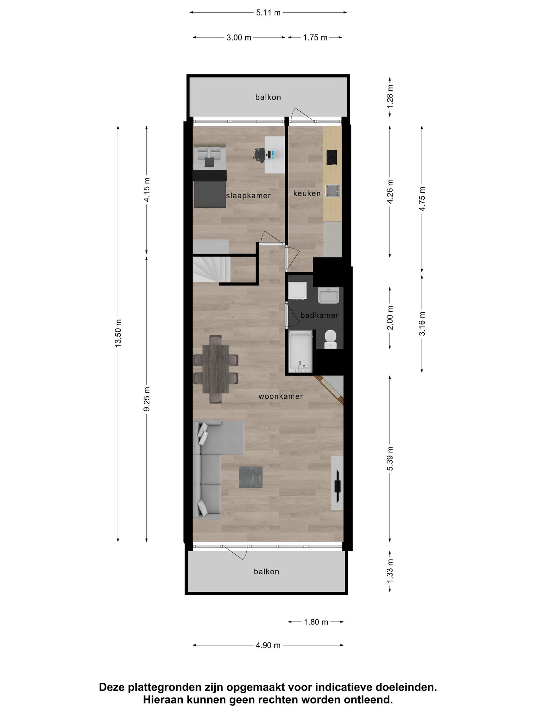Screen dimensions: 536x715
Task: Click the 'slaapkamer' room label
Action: coord(248,196)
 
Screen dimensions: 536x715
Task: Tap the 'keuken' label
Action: coord(307,193)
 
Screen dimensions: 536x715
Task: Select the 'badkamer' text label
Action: coord(319,315)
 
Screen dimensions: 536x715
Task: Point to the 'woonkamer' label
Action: coord(280,396)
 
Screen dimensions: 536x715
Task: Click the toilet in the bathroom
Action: coord(330,339)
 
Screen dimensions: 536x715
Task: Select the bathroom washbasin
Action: coord(328,295)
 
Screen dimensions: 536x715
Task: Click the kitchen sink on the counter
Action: coord(333,191)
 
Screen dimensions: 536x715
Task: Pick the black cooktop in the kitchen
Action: coord(332,157)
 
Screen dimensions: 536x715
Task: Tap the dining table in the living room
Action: coord(215,369)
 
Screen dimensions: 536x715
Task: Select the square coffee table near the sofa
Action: coord(251,477)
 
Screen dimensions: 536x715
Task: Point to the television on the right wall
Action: coord(338,486)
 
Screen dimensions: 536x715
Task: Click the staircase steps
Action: coord(211,270)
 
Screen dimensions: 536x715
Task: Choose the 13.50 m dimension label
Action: coord(118,333)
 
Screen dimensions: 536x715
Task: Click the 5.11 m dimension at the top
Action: coord(268,13)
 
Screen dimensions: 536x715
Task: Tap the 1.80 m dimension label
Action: coord(316,622)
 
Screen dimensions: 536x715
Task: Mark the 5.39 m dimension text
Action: coord(390,458)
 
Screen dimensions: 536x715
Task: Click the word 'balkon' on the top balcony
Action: coord(268,97)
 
